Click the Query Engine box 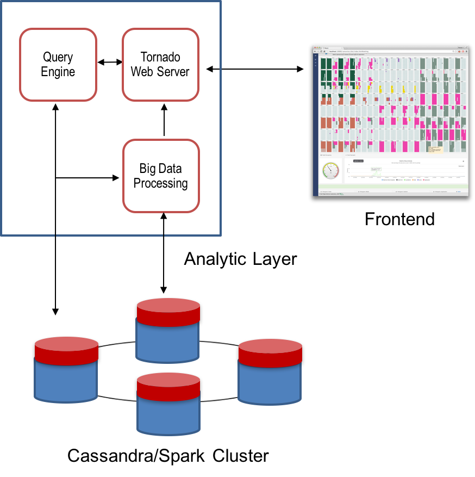[x=58, y=65]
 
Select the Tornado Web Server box [x=160, y=65]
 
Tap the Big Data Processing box [x=161, y=176]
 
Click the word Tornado [x=160, y=57]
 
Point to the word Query [x=58, y=57]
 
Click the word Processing [x=161, y=183]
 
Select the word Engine [x=58, y=72]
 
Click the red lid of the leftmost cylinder [x=66, y=351]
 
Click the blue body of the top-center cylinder [x=167, y=343]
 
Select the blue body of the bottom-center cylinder [x=168, y=417]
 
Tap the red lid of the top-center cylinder [x=168, y=312]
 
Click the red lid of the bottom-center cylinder [x=168, y=386]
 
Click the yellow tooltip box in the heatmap [x=434, y=148]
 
